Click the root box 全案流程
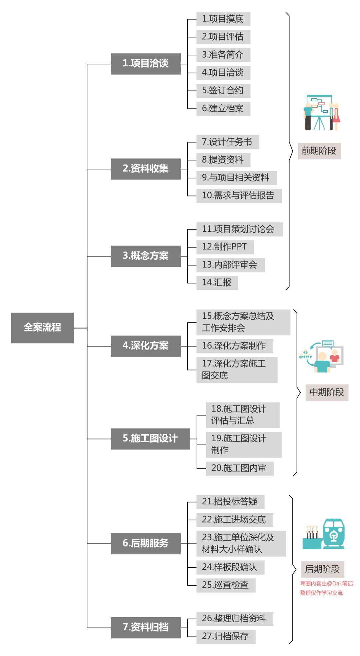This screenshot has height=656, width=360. coord(42,327)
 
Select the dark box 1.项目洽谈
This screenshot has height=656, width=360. coord(146,64)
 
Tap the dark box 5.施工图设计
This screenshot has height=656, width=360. coord(150,439)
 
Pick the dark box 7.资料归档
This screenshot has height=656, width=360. coord(146,627)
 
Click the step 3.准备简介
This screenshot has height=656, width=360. coord(223,55)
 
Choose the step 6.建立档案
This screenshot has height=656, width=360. coord(223,108)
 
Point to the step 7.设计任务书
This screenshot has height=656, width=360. coord(227,142)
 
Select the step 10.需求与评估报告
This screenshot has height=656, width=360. coord(239,195)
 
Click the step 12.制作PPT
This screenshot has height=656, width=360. coord(225,247)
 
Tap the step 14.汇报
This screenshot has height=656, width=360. coord(217,283)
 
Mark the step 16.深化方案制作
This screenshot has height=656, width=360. coord(234,346)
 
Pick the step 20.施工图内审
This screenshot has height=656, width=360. coord(239,468)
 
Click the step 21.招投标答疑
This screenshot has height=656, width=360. coord(230,502)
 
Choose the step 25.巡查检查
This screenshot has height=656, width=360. coord(226,585)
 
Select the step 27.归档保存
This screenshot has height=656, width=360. coord(226,636)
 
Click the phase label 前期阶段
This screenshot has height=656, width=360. coord(319,151)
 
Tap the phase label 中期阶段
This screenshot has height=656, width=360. coord(327,392)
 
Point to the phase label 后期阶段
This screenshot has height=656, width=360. coord(322,569)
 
